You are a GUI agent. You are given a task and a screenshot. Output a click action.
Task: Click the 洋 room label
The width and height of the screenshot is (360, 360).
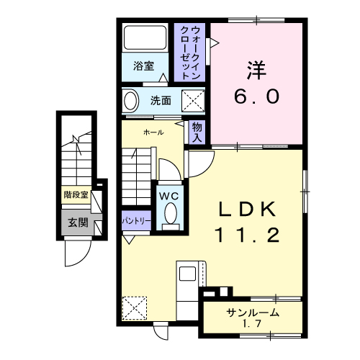click(x=256, y=71)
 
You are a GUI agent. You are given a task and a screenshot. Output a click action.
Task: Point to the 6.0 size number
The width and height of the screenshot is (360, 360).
click(x=256, y=96)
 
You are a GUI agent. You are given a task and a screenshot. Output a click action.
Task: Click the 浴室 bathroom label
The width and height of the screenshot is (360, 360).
click(x=143, y=66)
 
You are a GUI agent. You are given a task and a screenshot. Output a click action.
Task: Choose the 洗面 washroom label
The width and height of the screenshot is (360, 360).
click(x=161, y=100)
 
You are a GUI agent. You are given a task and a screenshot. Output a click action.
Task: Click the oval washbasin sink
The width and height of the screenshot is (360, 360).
click(x=130, y=101)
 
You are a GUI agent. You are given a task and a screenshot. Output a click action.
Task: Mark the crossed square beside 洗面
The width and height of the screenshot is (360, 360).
click(x=192, y=100)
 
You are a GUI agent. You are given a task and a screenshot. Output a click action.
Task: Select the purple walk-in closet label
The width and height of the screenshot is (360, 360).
click(x=190, y=50)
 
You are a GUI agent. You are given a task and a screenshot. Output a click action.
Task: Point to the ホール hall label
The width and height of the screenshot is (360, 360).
click(x=153, y=132)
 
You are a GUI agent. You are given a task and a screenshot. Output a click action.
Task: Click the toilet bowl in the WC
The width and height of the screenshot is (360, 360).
click(x=171, y=213)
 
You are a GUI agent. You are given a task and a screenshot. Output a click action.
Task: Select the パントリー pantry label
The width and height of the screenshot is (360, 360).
click(x=135, y=220)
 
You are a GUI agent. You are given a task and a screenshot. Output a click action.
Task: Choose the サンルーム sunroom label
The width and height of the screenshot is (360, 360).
click(x=253, y=313)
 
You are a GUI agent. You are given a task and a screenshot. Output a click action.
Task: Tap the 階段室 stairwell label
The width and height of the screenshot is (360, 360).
click(x=76, y=194)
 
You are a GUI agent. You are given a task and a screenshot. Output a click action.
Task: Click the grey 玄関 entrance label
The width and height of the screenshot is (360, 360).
click(x=77, y=222)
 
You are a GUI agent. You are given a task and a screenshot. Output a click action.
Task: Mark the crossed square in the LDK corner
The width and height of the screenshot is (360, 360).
click(x=135, y=308)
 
